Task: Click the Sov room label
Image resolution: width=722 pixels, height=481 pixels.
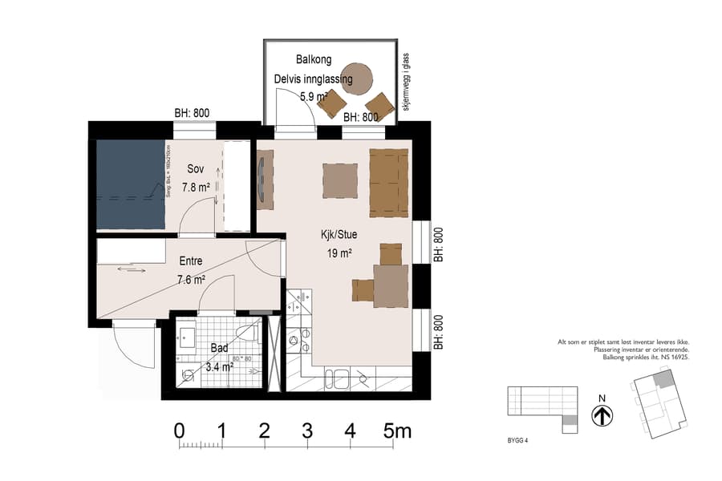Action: pyautogui.click(x=196, y=169)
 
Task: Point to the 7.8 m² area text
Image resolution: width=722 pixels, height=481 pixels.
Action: pyautogui.click(x=196, y=188)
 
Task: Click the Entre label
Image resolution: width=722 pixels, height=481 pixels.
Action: pyautogui.click(x=191, y=261)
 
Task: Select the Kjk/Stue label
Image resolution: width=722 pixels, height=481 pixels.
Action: pyautogui.click(x=339, y=235)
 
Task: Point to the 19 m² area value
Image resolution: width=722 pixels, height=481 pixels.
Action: pyautogui.click(x=339, y=253)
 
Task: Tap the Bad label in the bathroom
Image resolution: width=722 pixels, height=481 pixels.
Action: pyautogui.click(x=219, y=349)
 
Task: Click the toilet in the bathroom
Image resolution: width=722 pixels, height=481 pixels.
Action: pyautogui.click(x=247, y=333)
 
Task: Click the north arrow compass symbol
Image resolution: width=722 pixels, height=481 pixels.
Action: pyautogui.click(x=602, y=416)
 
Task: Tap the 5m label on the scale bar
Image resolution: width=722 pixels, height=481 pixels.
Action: pyautogui.click(x=397, y=430)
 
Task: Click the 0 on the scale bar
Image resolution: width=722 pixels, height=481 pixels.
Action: pyautogui.click(x=180, y=430)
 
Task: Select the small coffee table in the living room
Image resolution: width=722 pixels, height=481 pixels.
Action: pyautogui.click(x=339, y=180)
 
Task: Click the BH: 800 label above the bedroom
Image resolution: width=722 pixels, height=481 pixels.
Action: pyautogui.click(x=192, y=113)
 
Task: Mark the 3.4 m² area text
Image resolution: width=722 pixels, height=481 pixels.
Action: pyautogui.click(x=219, y=367)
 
